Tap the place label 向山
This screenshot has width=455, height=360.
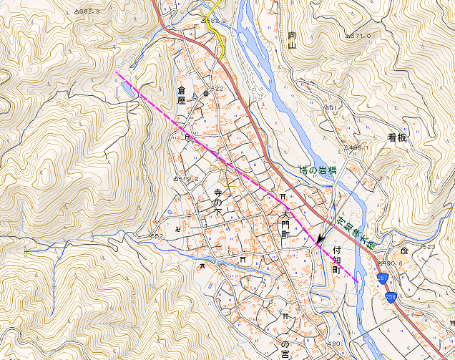(x=292, y=40)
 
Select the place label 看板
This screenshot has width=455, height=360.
(x=397, y=137)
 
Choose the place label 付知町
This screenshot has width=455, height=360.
(x=337, y=261)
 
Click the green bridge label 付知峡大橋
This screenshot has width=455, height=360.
(x=357, y=230)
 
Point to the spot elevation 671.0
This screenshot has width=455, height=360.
(x=359, y=35)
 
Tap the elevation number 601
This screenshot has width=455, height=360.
(x=331, y=107)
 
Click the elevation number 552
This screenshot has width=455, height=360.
(x=156, y=235)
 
